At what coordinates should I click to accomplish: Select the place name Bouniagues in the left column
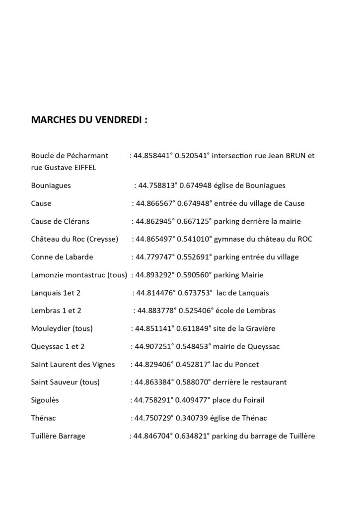[x=51, y=186]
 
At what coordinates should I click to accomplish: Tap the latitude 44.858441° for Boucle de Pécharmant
[x=152, y=156]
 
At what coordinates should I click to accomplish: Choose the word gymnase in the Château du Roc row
[x=227, y=239]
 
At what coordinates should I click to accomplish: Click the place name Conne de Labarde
[x=62, y=257]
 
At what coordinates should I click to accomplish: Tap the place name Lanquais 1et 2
[x=56, y=293]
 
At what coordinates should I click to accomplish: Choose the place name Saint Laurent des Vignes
[x=72, y=364]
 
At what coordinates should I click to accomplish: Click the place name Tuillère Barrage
[x=58, y=436]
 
